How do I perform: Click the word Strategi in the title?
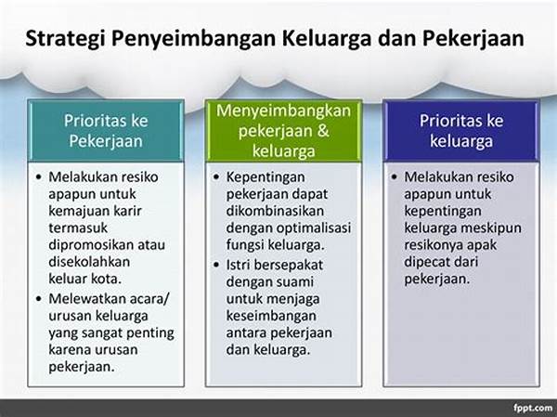coord(65,39)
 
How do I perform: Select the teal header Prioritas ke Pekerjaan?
coord(106,131)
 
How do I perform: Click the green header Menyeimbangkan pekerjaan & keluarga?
coord(283,131)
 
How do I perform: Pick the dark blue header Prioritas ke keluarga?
coord(461,131)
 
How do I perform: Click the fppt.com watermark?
coord(533,408)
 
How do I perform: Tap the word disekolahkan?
coord(89,262)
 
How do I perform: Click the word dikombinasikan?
coord(275,211)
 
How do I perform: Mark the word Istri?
coord(239,265)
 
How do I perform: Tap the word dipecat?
coord(427,262)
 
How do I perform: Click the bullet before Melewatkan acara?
coord(39,299)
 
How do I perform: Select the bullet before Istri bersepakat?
coord(216,266)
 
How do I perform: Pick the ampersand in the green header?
coord(322,130)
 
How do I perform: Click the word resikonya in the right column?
coord(433,245)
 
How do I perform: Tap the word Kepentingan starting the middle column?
coord(266,177)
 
